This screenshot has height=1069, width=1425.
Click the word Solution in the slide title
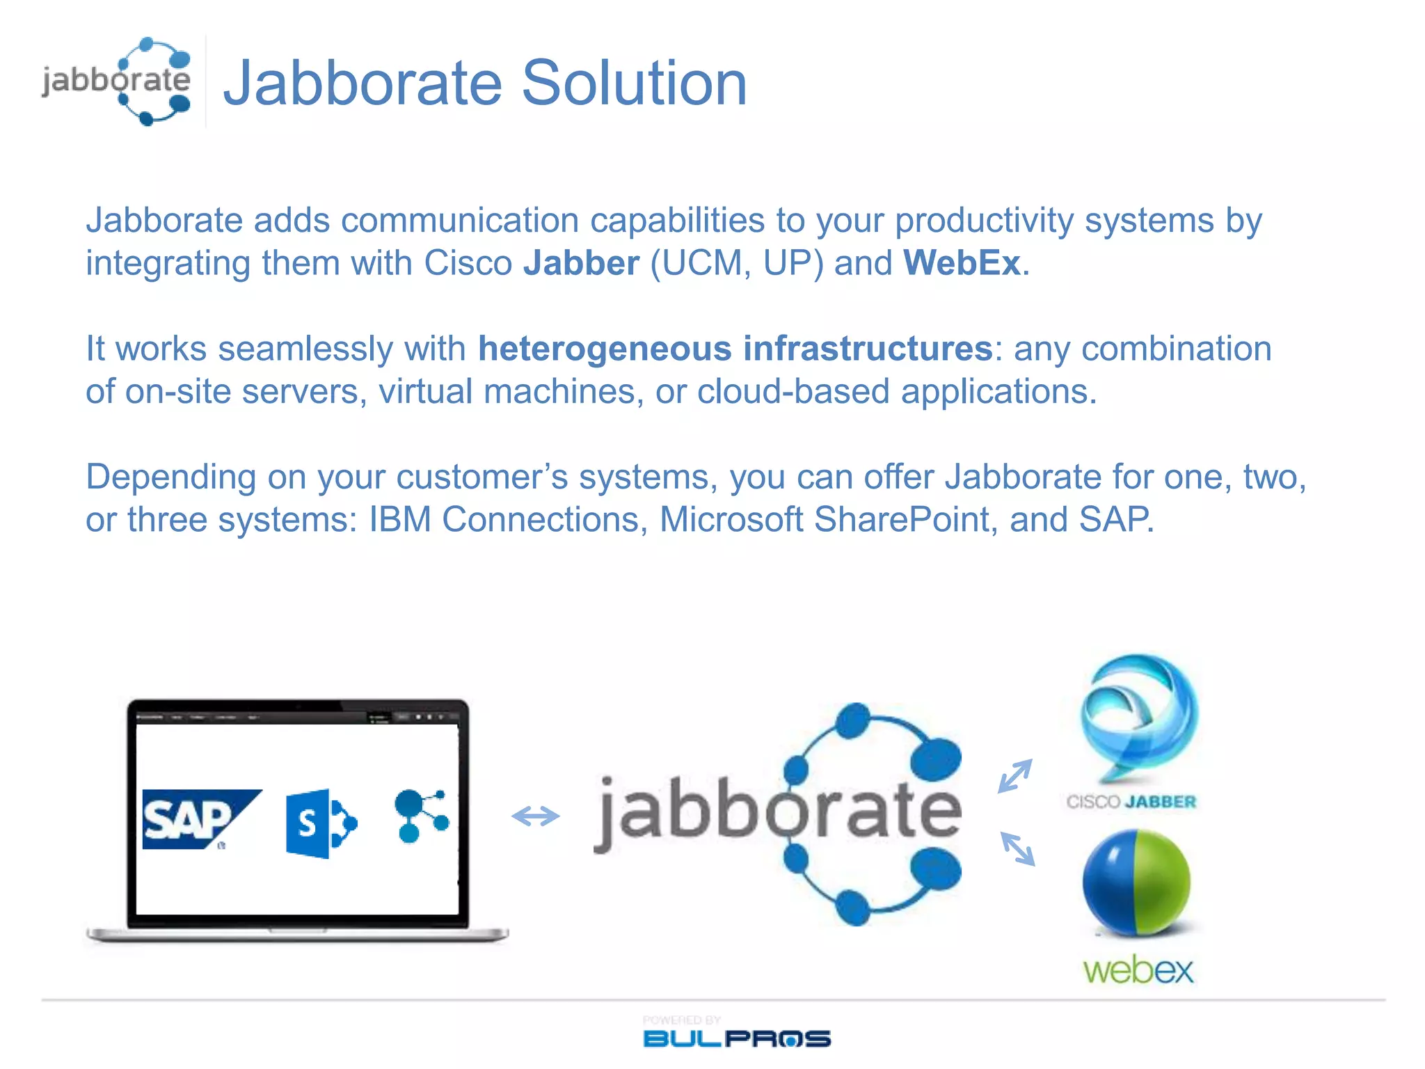(634, 84)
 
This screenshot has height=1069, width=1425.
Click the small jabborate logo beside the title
(117, 81)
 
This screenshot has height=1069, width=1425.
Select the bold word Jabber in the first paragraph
(581, 264)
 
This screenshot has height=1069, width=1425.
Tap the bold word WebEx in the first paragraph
(962, 264)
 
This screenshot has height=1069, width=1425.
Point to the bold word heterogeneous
(605, 349)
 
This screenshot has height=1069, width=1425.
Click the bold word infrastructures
(868, 349)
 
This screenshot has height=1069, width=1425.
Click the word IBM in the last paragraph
(399, 520)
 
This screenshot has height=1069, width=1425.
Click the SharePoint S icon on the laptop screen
(319, 824)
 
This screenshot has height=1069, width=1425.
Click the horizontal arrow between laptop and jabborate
(535, 816)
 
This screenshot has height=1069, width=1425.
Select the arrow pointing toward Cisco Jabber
(1015, 776)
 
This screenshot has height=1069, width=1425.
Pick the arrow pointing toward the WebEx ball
(1017, 849)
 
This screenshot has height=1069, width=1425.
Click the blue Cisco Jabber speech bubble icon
(1138, 717)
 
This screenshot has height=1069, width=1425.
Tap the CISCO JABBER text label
(1131, 802)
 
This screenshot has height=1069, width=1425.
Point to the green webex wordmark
(1138, 969)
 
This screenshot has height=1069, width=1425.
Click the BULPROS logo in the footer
(736, 1038)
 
